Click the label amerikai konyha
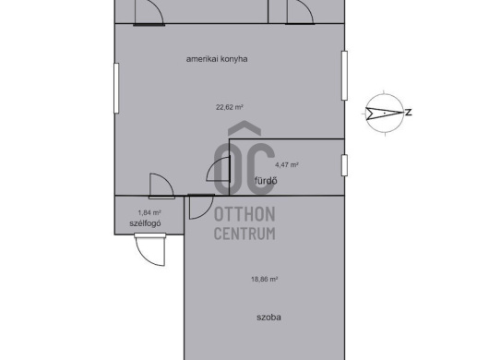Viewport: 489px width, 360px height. (217, 59)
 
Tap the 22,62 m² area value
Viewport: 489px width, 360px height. (230, 107)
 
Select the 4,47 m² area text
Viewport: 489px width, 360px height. (287, 164)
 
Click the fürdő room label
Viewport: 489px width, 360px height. (266, 181)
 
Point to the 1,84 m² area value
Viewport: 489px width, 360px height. (149, 212)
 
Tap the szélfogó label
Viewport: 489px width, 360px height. (145, 223)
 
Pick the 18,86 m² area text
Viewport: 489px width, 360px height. (265, 279)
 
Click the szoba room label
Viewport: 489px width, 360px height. (268, 318)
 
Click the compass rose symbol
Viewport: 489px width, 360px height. (384, 113)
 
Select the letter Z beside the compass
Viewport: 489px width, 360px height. (408, 113)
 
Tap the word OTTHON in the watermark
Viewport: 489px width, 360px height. (244, 214)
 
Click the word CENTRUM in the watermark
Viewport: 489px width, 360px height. (244, 234)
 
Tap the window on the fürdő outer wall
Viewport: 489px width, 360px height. (344, 165)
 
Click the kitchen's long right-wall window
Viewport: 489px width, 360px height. (344, 76)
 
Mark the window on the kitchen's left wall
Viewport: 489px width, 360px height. (116, 89)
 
